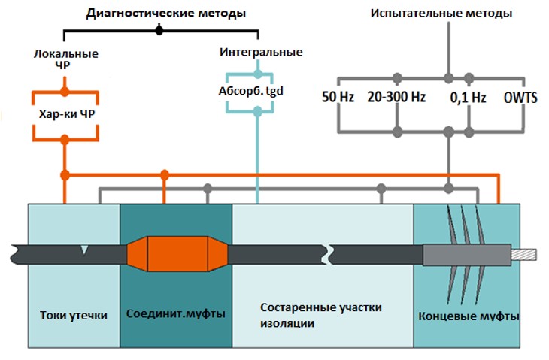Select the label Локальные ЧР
(66, 60)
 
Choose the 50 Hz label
(338, 97)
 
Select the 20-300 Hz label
(396, 97)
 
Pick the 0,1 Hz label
(468, 97)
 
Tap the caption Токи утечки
(73, 315)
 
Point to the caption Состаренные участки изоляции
(321, 315)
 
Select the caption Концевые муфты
(468, 315)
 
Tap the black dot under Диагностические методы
(159, 31)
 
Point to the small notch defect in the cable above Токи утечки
(85, 250)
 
